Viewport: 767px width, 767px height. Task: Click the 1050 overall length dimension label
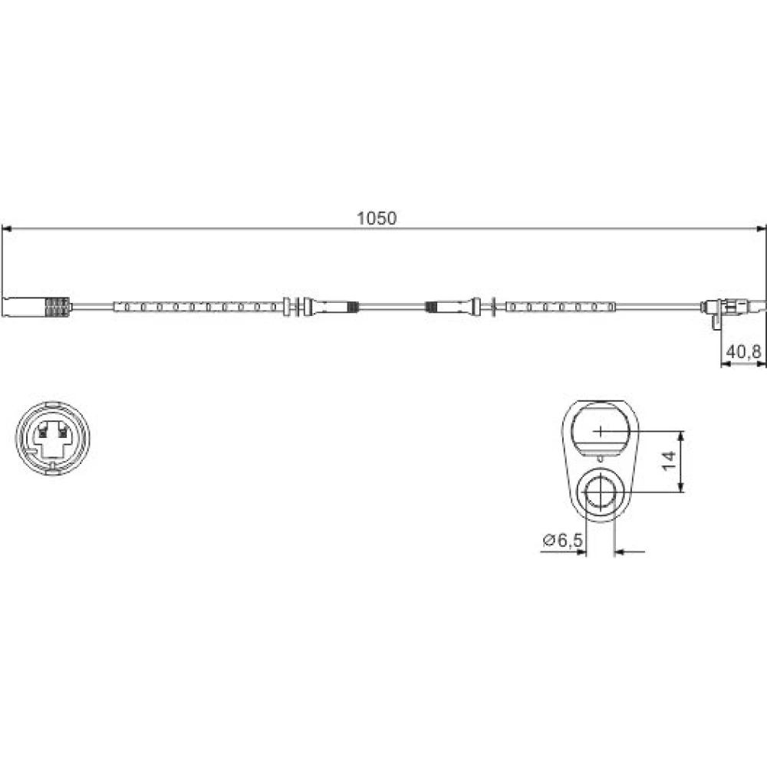(376, 218)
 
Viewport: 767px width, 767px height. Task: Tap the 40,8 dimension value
(743, 351)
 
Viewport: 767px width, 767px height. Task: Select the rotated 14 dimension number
(669, 461)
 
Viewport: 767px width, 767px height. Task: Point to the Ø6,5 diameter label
(563, 540)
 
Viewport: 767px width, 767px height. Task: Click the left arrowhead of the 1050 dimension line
(6, 229)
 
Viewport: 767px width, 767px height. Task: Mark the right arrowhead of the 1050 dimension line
(761, 229)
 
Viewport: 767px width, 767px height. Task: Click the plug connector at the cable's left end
(37, 308)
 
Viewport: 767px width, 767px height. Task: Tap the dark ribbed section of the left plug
(58, 308)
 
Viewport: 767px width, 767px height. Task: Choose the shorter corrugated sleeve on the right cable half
(560, 308)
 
